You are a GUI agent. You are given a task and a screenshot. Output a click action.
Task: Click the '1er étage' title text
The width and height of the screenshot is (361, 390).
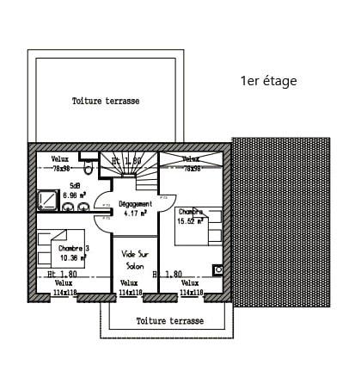(x=268, y=81)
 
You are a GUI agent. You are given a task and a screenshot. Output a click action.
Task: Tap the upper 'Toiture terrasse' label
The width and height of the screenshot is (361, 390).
(x=106, y=101)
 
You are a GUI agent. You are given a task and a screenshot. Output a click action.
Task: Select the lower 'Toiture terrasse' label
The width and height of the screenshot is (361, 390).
(x=170, y=320)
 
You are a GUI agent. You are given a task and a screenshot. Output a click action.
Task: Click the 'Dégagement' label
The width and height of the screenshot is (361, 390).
(x=135, y=204)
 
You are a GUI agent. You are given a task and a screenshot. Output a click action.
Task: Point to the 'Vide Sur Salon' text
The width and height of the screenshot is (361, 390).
(x=135, y=259)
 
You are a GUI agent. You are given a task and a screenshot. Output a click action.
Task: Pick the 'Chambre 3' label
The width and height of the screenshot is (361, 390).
(x=74, y=249)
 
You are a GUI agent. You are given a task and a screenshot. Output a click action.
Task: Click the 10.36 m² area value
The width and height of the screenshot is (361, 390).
(x=75, y=257)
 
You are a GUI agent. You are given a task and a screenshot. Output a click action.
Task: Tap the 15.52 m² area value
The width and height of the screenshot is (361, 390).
(x=189, y=221)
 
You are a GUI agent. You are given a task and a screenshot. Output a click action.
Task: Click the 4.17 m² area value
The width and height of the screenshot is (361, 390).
(x=135, y=213)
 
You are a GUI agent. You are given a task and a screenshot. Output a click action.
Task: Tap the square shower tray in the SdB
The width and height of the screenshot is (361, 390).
(x=46, y=201)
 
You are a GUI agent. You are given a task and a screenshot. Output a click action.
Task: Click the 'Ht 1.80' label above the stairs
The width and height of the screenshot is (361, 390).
(x=125, y=161)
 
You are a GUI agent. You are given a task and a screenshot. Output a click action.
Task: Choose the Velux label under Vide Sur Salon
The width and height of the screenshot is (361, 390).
(x=129, y=288)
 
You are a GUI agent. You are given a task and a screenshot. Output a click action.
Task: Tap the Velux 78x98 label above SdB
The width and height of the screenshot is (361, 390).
(x=60, y=164)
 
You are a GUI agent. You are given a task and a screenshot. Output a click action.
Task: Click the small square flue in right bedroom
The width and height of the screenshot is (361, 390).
(x=218, y=270)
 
